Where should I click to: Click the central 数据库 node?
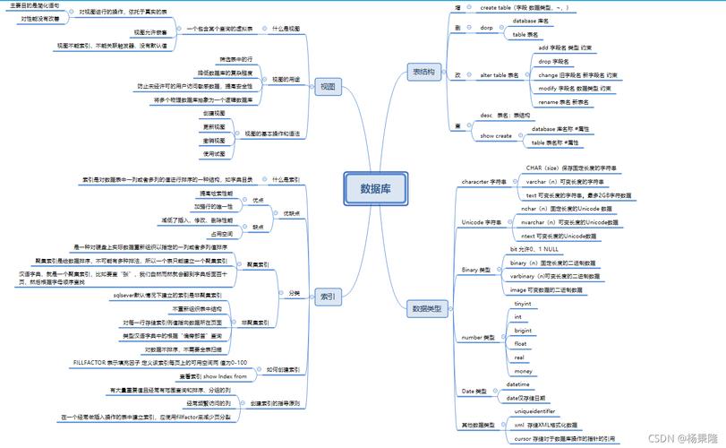pos(381,188)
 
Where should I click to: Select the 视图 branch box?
pos(327,86)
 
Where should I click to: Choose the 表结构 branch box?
pos(423,71)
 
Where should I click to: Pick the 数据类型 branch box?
pos(426,308)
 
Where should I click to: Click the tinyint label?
pos(524,304)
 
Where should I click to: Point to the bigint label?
pos(524,330)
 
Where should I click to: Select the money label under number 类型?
pos(524,370)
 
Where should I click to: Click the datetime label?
pos(518,383)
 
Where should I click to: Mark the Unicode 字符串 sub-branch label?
pos(483,221)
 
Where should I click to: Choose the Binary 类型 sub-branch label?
pos(476,269)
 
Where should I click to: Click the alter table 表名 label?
pos(500,75)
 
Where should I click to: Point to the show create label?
pos(496,135)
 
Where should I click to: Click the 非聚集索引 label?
pos(258,321)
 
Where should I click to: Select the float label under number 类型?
pos(520,343)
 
